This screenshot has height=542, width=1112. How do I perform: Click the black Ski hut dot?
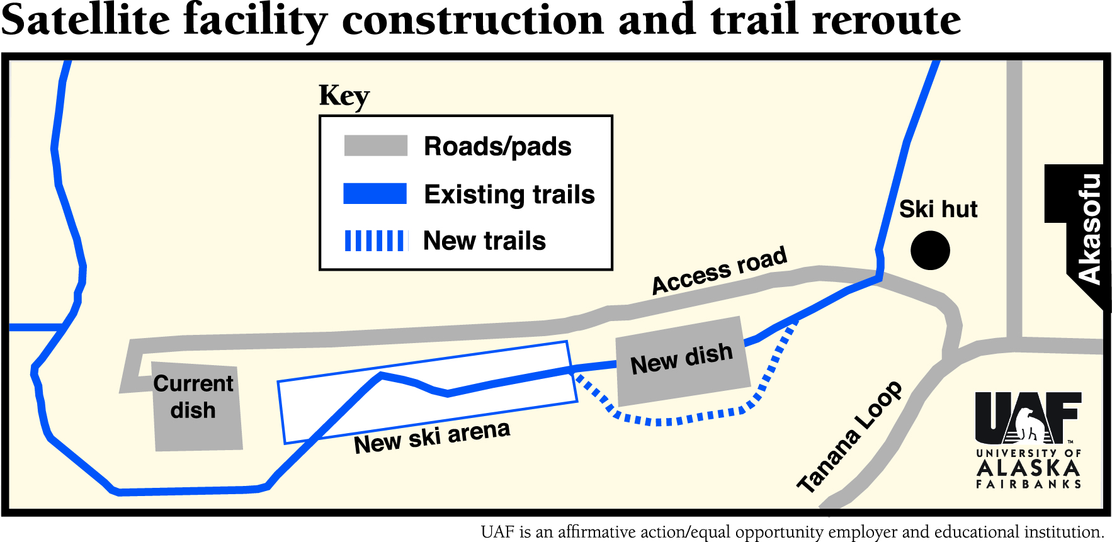930,250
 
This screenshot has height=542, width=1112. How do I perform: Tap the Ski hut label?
938,209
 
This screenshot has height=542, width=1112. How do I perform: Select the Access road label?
719,270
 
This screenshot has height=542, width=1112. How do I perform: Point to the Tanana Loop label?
849,437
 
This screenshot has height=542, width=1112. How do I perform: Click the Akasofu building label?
1089,228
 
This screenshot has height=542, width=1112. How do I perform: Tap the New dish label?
681,358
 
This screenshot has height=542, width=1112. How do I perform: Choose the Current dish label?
193,397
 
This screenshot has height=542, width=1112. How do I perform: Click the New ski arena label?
432,436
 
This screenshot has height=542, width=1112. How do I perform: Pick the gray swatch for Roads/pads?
375,145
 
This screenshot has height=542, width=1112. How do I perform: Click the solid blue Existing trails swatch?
375,194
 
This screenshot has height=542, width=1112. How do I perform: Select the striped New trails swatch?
375,240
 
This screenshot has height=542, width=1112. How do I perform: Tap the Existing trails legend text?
509,195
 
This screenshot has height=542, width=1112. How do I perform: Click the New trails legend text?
484,240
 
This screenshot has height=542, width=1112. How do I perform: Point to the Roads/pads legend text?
497,146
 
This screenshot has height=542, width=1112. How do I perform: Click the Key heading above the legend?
344,96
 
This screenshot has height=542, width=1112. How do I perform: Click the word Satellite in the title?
86,20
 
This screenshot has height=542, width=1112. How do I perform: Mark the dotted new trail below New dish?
680,418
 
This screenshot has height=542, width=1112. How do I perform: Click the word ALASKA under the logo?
1028,468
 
